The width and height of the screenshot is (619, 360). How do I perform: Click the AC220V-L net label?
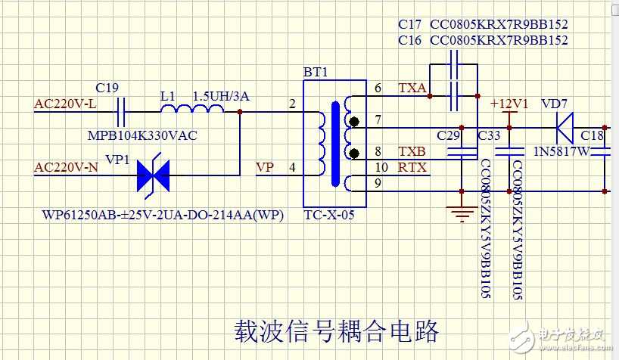pos(65,104)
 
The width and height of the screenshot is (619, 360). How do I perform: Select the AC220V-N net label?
pos(67,167)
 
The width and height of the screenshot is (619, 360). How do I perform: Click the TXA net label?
pos(412,88)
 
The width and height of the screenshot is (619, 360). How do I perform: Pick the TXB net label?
pos(412,151)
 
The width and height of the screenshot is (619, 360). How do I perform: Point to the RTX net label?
pos(412,167)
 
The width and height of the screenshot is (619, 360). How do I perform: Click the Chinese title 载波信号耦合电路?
pos(334,331)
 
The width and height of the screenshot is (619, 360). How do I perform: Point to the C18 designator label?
pos(593,135)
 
